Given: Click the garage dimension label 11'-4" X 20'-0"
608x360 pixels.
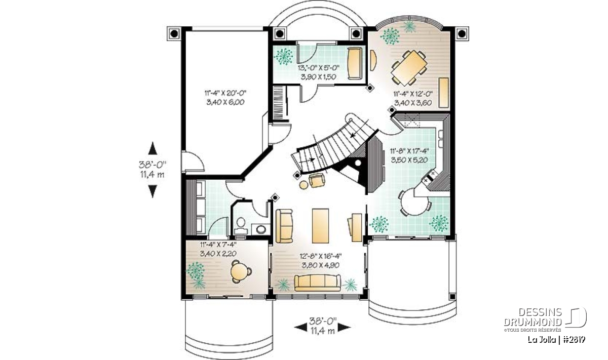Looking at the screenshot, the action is click(x=225, y=93).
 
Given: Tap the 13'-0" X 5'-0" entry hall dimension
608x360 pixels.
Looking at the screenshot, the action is click(x=318, y=68).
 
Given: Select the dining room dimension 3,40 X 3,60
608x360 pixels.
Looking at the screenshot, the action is click(x=413, y=103).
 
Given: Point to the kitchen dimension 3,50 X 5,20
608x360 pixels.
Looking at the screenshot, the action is click(x=409, y=160).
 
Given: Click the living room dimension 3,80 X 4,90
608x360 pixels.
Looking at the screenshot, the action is click(x=321, y=265).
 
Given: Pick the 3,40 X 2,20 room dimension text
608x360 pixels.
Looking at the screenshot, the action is click(x=218, y=253).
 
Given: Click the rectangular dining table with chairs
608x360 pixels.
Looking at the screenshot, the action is click(x=409, y=67).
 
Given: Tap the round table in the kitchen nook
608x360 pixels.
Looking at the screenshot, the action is click(x=415, y=203).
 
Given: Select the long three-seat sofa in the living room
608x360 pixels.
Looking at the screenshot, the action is click(x=317, y=283).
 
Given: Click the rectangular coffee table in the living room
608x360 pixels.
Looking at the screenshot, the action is click(x=320, y=226).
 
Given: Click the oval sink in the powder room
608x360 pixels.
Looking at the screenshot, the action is click(x=261, y=229).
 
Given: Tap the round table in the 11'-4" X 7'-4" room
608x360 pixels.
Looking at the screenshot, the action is click(x=239, y=271).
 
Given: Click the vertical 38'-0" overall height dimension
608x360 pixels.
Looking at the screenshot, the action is click(x=153, y=165).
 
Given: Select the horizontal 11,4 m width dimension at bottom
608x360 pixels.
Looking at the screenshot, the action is click(x=323, y=331).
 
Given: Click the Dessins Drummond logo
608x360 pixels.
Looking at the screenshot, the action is click(x=545, y=319).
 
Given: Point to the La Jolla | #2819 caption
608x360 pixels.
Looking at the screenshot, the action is click(x=556, y=340).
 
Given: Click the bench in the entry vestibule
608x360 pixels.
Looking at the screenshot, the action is click(x=355, y=63).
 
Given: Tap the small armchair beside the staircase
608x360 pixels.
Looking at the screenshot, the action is click(x=317, y=181).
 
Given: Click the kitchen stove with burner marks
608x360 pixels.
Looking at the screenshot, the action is click(x=429, y=177).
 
